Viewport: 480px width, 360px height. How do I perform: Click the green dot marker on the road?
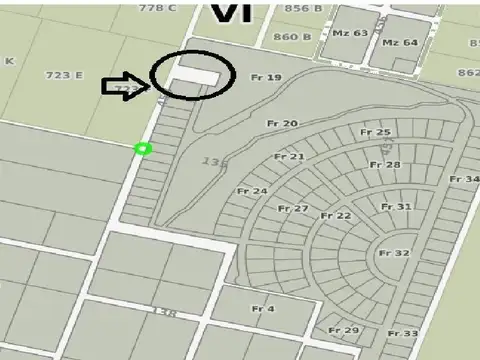142,149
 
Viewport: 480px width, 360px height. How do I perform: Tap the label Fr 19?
267,77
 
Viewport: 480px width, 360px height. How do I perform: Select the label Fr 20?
283,123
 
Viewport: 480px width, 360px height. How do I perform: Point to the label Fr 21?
289,157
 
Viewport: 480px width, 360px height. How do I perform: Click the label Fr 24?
252,190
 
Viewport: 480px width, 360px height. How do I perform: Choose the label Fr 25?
375,132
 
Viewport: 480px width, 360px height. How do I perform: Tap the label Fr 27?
293,208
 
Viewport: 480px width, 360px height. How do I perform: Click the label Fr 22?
336,216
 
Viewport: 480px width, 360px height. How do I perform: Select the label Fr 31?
396,207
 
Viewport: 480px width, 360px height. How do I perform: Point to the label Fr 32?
394,254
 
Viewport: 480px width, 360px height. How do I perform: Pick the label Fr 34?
464,179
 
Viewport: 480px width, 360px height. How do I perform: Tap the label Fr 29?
343,330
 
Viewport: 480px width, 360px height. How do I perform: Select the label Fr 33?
403,333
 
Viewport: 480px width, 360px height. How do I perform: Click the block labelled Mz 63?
350,33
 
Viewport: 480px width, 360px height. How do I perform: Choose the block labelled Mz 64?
400,43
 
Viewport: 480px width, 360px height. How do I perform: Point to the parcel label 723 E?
64,75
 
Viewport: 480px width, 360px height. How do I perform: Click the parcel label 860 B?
292,37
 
